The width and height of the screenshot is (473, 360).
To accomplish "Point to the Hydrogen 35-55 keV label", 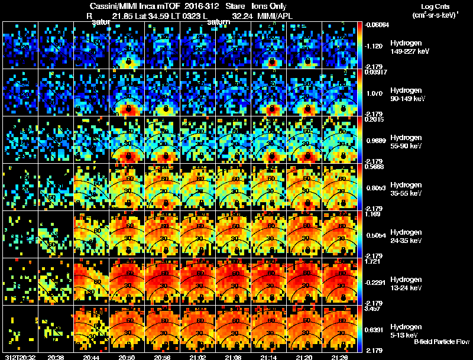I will (x=405, y=189).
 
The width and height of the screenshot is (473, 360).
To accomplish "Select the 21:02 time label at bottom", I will (x=198, y=356).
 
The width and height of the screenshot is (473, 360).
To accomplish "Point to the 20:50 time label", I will (x=127, y=356).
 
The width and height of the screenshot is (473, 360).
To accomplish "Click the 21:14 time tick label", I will (x=269, y=356).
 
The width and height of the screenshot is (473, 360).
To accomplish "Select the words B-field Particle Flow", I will (x=442, y=342).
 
